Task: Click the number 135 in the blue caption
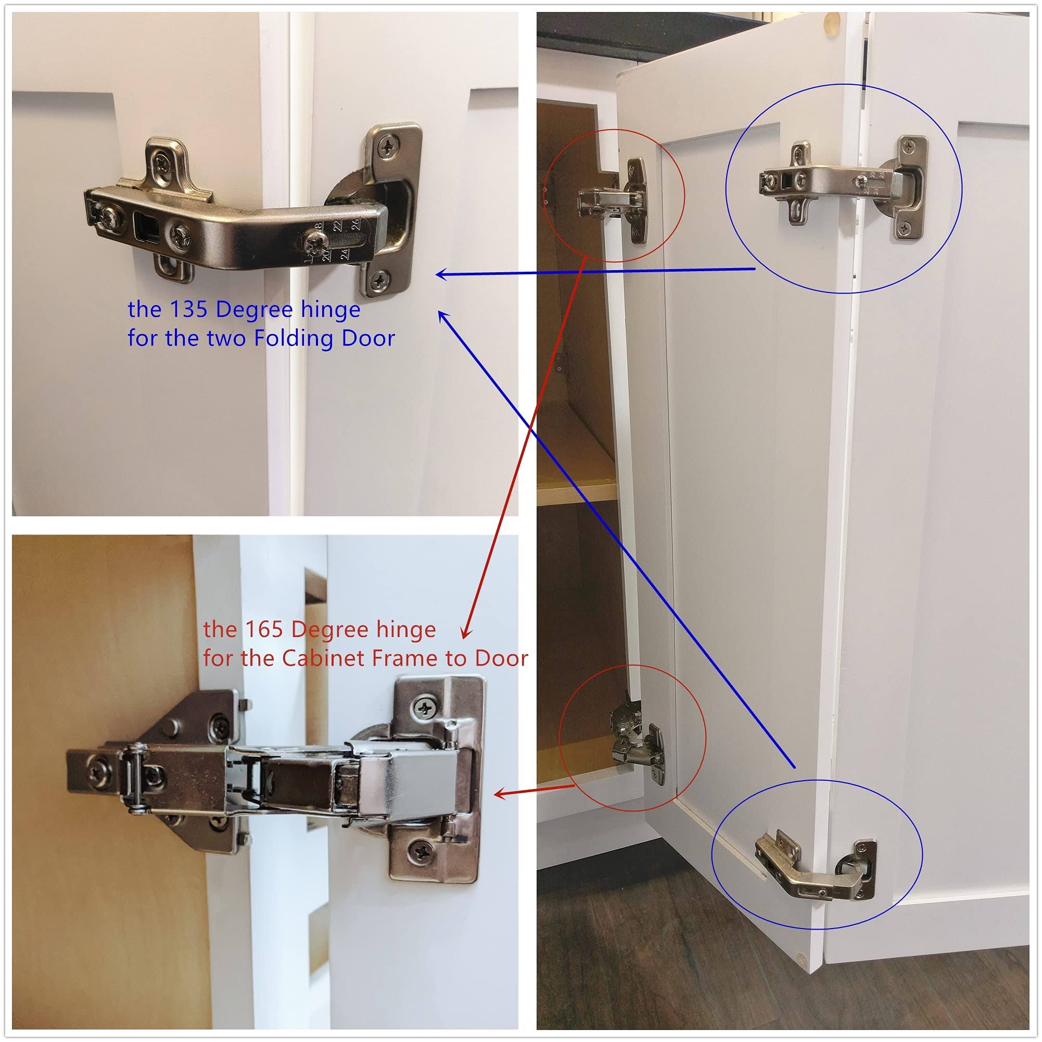[187, 310]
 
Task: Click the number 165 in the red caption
[263, 629]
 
